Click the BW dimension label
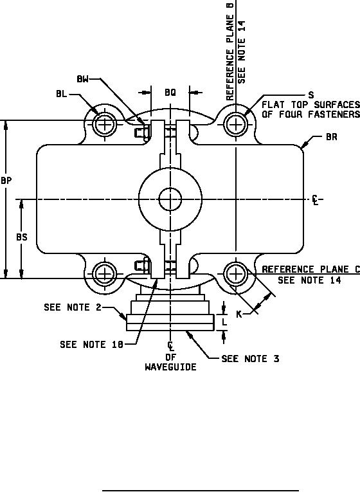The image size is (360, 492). point(82,79)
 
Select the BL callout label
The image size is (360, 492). point(62,94)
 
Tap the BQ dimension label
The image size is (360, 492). point(170,92)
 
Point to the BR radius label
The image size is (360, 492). point(332,137)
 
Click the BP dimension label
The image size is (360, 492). point(6,181)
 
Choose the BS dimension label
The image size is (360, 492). point(22,237)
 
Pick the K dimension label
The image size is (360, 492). point(239,314)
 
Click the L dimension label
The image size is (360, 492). point(224,322)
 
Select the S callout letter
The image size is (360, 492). point(310,95)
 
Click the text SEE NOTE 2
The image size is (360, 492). point(73,307)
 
